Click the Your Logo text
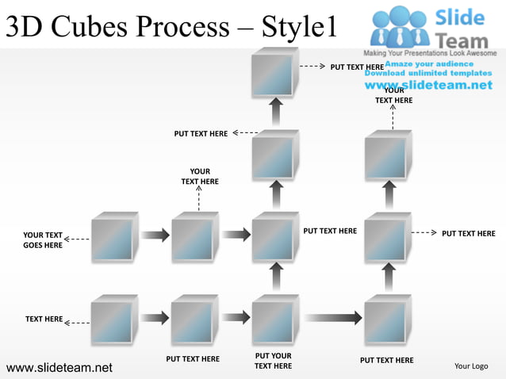coord(471,366)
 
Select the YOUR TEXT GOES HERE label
coord(43,240)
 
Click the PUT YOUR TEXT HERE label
coord(274,361)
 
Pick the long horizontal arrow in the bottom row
coord(333,318)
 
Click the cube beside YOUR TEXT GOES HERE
coord(113,236)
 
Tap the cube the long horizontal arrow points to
coord(387,320)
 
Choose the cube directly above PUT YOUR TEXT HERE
coord(274,320)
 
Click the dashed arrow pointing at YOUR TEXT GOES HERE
coord(77,239)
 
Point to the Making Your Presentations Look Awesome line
coord(429,53)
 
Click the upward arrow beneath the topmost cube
coord(275,112)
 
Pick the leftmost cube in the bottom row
coord(113,320)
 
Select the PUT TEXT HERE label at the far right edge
coord(468,234)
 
